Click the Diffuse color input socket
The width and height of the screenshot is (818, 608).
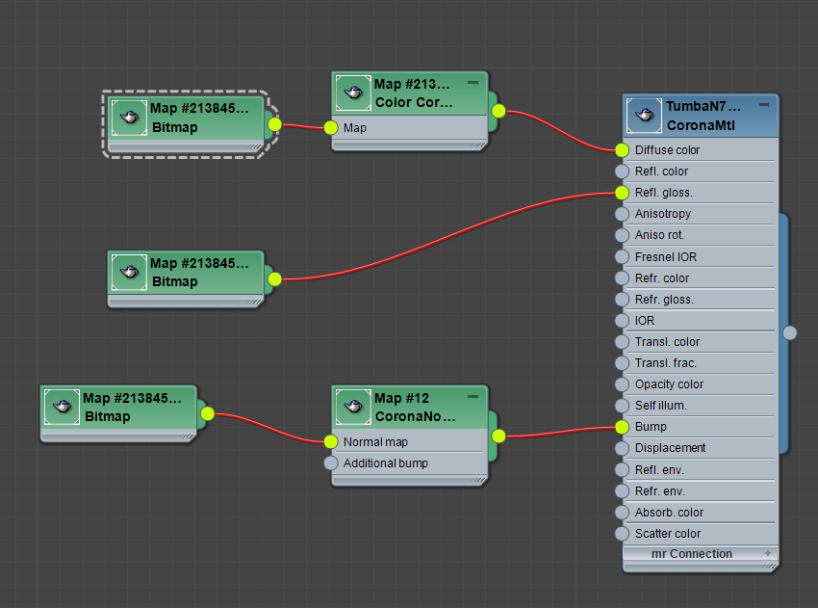[x=622, y=150]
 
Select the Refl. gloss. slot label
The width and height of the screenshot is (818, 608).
[x=663, y=193]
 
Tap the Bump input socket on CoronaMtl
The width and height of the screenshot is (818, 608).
[x=622, y=427]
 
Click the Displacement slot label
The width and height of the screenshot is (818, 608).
[x=670, y=448]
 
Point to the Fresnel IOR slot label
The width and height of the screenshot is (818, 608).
[x=666, y=257]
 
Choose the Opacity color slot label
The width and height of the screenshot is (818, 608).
[x=669, y=384]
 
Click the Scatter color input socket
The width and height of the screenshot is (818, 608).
[x=622, y=534]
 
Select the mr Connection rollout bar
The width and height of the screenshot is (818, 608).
[x=691, y=554]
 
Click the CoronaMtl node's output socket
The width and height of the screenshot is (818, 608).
[x=790, y=333]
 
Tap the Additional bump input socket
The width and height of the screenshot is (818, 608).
[x=332, y=463]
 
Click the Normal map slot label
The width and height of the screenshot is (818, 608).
[x=375, y=442]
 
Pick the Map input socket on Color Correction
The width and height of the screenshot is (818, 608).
[x=332, y=127]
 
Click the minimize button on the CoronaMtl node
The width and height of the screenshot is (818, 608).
[x=764, y=104]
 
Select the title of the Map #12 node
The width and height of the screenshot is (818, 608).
[x=401, y=398]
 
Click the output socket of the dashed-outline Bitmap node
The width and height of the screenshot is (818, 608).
[x=274, y=124]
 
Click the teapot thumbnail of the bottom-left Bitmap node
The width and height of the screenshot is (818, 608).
[x=62, y=407]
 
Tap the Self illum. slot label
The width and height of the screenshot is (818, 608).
[x=660, y=406]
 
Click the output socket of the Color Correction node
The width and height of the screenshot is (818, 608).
[x=498, y=111]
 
